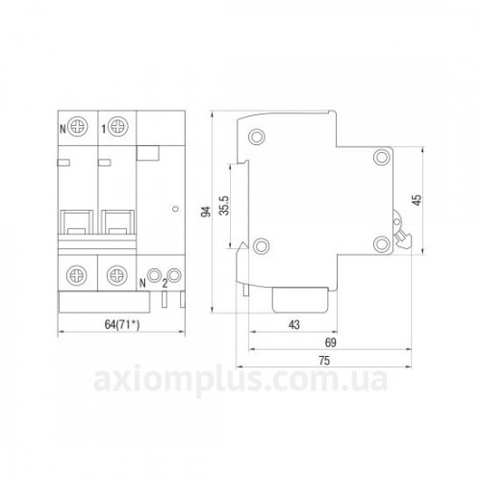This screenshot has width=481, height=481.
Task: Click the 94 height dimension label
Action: pos(206,211)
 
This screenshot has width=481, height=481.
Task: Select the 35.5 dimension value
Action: pos(225,205)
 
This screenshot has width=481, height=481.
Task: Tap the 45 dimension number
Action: pos(418,199)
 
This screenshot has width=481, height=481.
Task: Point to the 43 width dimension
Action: pos(293,325)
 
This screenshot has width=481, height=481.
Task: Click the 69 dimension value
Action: pos(330,342)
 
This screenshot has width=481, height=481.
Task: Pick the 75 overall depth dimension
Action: pos(324,361)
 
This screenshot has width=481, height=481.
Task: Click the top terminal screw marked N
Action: pos(77,127)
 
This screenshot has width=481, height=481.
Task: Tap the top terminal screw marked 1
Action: pos(118,127)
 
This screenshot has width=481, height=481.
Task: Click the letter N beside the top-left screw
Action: pos(63,129)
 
